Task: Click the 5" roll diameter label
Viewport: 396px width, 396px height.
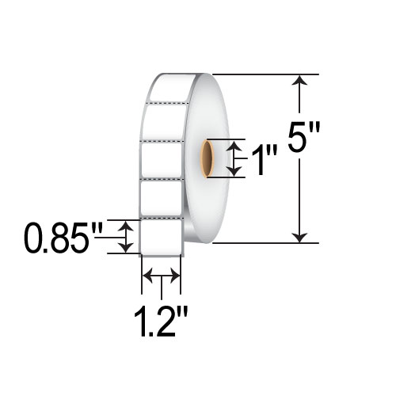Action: [304, 137]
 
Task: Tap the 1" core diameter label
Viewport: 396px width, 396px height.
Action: [264, 161]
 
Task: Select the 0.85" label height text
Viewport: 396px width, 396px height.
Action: [63, 238]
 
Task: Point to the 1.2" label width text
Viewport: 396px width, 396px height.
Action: [161, 321]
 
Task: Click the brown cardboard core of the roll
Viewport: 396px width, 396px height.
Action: [207, 158]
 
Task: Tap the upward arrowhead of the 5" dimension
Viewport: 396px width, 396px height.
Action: [299, 80]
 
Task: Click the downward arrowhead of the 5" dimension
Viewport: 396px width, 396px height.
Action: [299, 238]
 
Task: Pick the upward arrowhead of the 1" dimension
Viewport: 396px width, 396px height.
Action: [234, 146]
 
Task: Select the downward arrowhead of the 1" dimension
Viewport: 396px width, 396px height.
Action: [234, 172]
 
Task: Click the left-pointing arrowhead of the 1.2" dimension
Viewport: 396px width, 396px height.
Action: [147, 276]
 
